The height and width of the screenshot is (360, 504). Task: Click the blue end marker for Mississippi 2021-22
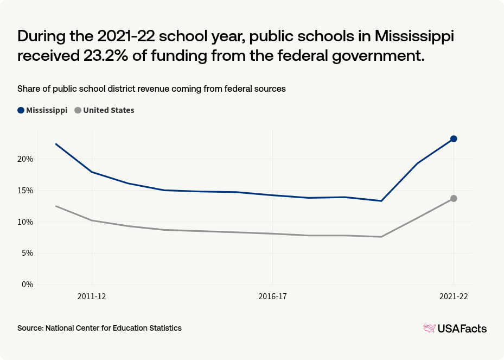[454, 139]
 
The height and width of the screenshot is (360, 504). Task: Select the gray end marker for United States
[454, 199]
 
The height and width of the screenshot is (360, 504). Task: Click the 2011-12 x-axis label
[92, 296]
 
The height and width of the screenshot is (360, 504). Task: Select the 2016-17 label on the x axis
[272, 296]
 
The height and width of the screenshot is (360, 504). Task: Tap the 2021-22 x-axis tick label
[453, 296]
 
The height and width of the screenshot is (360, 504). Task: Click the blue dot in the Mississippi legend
[21, 110]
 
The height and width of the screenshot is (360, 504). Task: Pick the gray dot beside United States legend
[78, 110]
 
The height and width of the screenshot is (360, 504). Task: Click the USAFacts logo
[455, 329]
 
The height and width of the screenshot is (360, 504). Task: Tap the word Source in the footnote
[30, 328]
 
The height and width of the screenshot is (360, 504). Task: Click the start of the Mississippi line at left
[56, 144]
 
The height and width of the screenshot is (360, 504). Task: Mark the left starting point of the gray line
[56, 206]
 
